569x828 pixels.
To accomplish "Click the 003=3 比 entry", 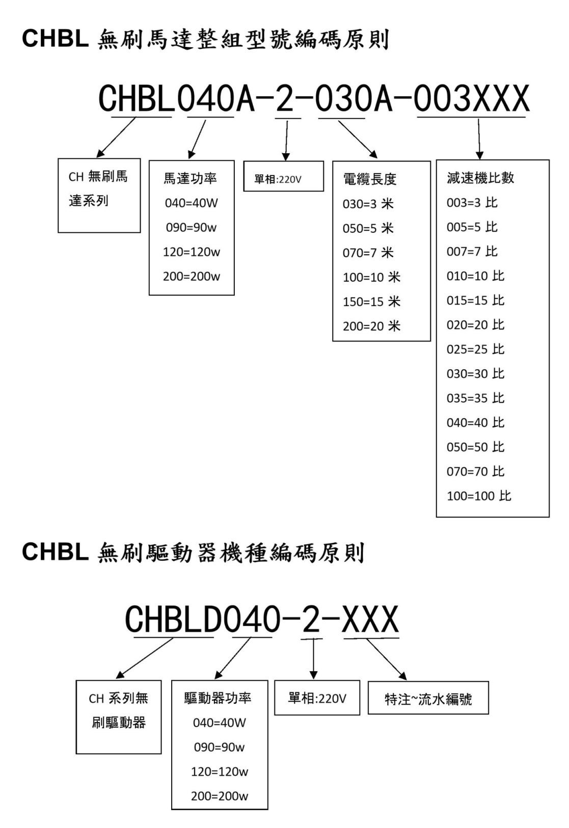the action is click(472, 203).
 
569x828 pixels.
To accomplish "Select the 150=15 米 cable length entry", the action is click(371, 301).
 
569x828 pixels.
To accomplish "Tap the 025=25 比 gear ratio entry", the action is click(475, 349).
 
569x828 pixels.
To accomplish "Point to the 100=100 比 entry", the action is click(479, 495).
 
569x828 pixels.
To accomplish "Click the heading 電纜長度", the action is click(370, 179).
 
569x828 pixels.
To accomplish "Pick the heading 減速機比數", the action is click(480, 178).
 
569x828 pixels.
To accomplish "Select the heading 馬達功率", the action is click(190, 179).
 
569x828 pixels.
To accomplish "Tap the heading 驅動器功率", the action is click(218, 698).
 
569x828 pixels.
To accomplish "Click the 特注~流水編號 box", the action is click(428, 698).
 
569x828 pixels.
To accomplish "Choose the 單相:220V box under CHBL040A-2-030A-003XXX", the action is click(284, 176).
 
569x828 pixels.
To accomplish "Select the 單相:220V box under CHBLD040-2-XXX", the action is click(317, 698).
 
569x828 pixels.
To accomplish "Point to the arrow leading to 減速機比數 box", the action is click(479, 139).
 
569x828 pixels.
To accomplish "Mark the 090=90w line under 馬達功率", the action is click(191, 227).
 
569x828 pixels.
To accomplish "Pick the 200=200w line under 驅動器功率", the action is click(219, 796).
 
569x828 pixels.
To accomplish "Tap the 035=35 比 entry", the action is click(475, 398).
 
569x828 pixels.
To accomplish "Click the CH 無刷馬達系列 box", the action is click(99, 196).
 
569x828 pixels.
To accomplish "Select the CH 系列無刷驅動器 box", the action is click(119, 717).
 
